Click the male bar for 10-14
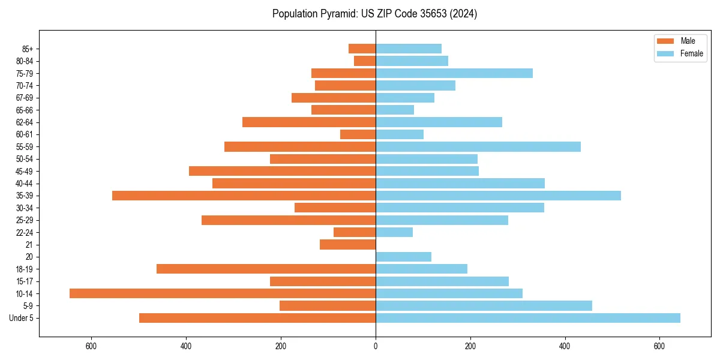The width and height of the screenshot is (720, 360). click(223, 293)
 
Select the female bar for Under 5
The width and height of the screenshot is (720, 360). click(528, 318)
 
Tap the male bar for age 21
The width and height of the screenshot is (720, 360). click(348, 244)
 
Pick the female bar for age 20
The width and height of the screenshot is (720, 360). click(403, 257)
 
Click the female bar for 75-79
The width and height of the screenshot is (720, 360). click(454, 73)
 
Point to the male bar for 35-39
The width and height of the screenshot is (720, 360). click(244, 196)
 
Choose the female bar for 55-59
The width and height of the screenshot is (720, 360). click(478, 146)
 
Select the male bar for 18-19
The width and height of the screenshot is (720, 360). click(266, 269)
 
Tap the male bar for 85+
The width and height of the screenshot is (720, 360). click(362, 49)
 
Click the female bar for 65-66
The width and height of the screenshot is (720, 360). click(395, 110)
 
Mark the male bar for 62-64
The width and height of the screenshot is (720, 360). click(309, 122)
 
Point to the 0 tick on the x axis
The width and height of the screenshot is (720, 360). click(376, 346)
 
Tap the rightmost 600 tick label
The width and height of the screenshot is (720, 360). click(659, 346)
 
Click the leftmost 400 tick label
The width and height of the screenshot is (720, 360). click(186, 346)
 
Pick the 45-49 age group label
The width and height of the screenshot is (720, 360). click(25, 171)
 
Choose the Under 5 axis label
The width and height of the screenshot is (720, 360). click(22, 318)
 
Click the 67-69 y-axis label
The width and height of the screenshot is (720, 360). click(25, 98)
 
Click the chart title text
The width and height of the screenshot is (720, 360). click(374, 14)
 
